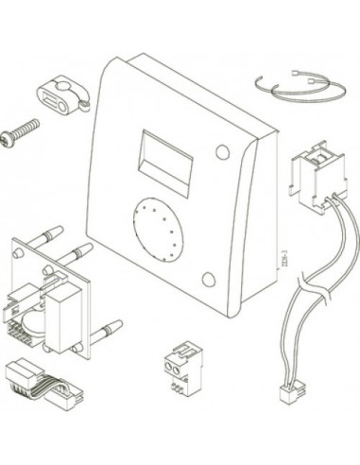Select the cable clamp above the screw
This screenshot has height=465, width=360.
(58, 97)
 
